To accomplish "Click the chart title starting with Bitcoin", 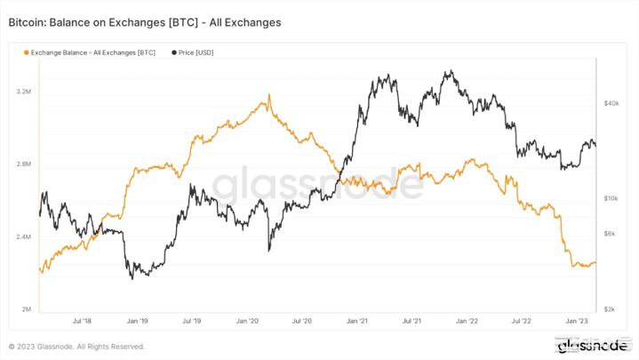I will click(x=144, y=21).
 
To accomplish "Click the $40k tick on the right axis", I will click(x=611, y=104).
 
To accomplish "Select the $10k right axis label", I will click(x=611, y=198).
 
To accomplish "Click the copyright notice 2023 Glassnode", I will click(x=76, y=347).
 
